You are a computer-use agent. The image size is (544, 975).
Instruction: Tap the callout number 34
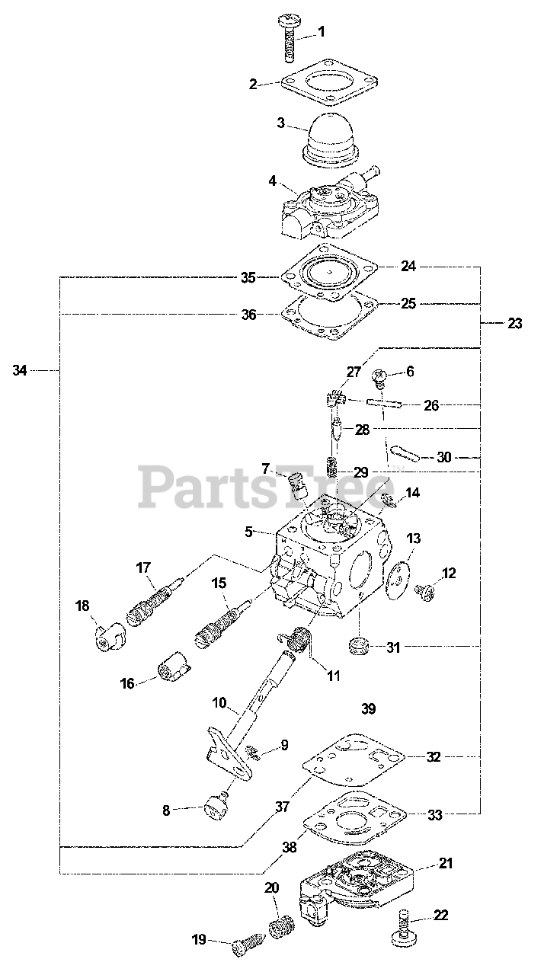click(21, 370)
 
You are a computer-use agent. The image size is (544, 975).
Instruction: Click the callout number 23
click(515, 323)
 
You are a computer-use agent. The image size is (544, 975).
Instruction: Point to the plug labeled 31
click(358, 647)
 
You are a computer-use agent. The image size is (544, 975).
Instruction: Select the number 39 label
click(368, 708)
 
